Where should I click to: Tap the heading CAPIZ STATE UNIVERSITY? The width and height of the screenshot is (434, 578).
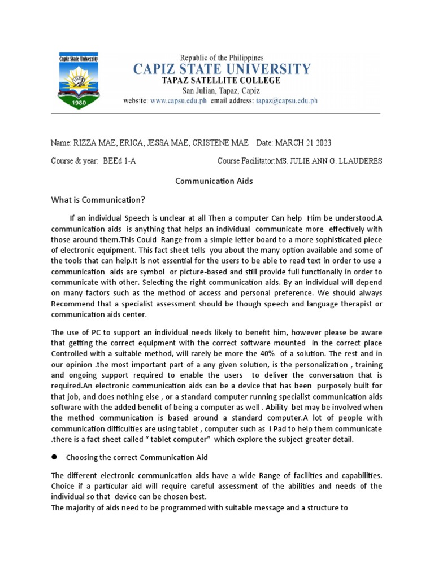click(222, 69)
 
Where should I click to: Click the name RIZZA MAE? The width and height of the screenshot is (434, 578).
click(93, 143)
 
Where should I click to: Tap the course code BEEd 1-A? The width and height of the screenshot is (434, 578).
click(119, 161)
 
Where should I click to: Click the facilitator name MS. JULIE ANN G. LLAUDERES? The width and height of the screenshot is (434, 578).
click(328, 161)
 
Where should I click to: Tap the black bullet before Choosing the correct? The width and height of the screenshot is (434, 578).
click(55, 457)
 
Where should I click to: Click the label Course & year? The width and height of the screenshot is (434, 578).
click(74, 161)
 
